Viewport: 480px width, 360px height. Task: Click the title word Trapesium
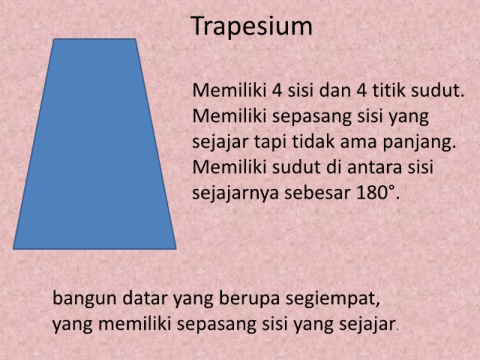point(252,27)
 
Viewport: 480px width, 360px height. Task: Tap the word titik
point(388,90)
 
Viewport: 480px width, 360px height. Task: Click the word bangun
point(85,299)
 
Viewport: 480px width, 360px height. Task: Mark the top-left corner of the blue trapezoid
point(54,39)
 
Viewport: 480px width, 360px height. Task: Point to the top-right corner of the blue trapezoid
point(135,39)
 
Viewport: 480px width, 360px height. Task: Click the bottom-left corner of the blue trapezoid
point(13,249)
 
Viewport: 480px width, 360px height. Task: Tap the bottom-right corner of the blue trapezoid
point(176,249)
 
